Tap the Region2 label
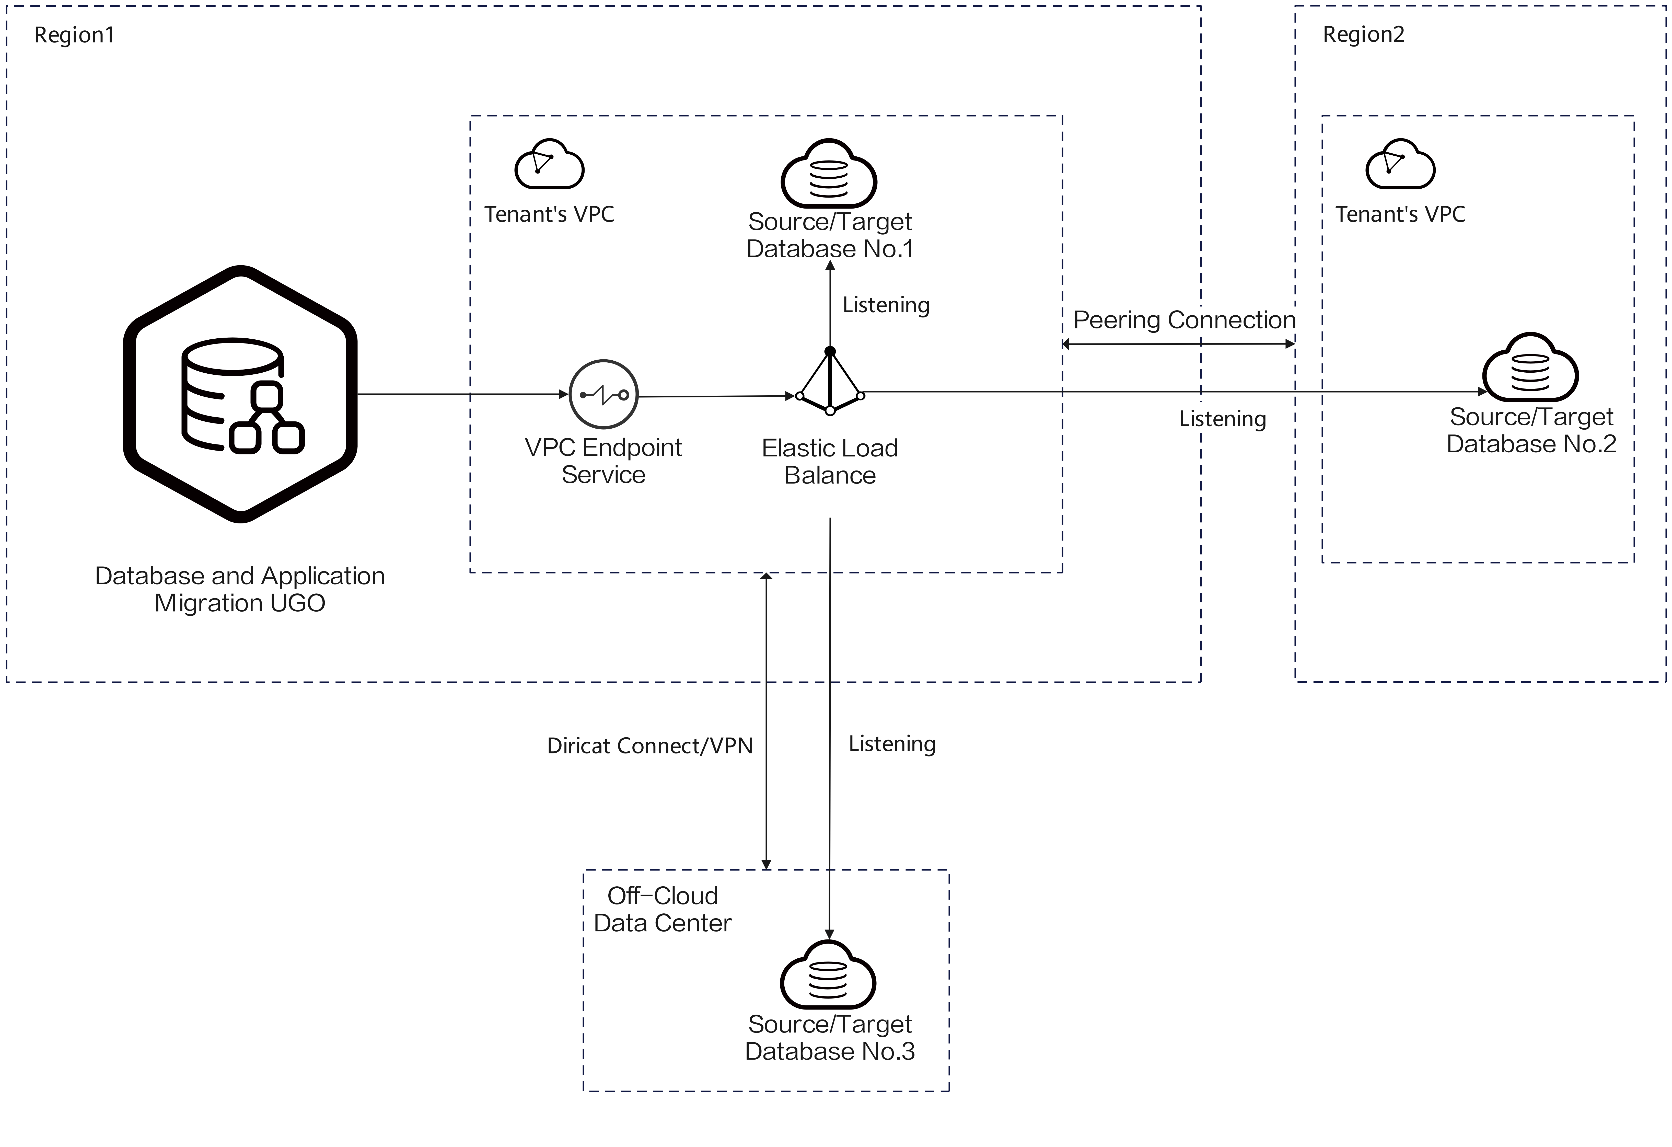(x=1363, y=35)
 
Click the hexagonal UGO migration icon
(x=240, y=394)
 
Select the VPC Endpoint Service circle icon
(x=603, y=394)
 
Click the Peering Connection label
(x=1184, y=320)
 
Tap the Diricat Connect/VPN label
(x=650, y=745)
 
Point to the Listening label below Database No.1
(x=886, y=305)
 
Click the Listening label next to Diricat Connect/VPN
(x=892, y=744)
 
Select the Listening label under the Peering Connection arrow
(x=1222, y=419)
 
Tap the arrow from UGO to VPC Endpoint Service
(x=463, y=394)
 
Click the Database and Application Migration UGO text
(x=240, y=589)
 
